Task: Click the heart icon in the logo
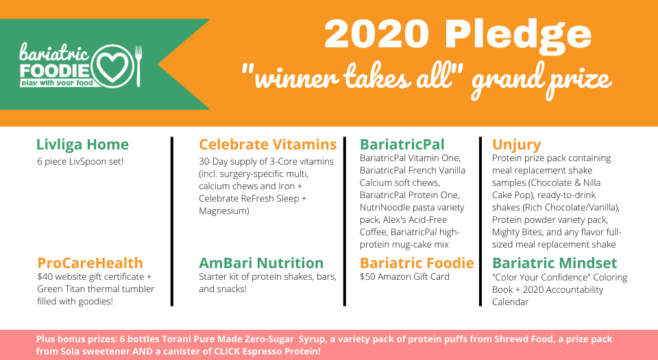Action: (x=111, y=67)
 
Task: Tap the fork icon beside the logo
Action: (x=138, y=66)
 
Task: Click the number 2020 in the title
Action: (x=376, y=35)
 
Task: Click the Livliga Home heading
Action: (x=83, y=144)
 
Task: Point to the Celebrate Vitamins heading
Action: (x=268, y=144)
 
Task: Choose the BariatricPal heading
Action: (x=402, y=144)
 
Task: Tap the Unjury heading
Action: (x=517, y=145)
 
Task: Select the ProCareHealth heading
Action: (x=90, y=263)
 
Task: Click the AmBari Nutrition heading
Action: (x=261, y=263)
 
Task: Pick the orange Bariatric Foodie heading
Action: (x=417, y=263)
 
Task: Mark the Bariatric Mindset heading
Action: (x=555, y=263)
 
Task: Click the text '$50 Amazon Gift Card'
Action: (x=404, y=276)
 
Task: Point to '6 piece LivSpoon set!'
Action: (x=80, y=162)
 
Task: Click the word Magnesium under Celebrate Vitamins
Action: (x=224, y=211)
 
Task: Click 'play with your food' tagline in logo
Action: (x=57, y=83)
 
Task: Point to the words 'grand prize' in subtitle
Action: (x=541, y=80)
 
